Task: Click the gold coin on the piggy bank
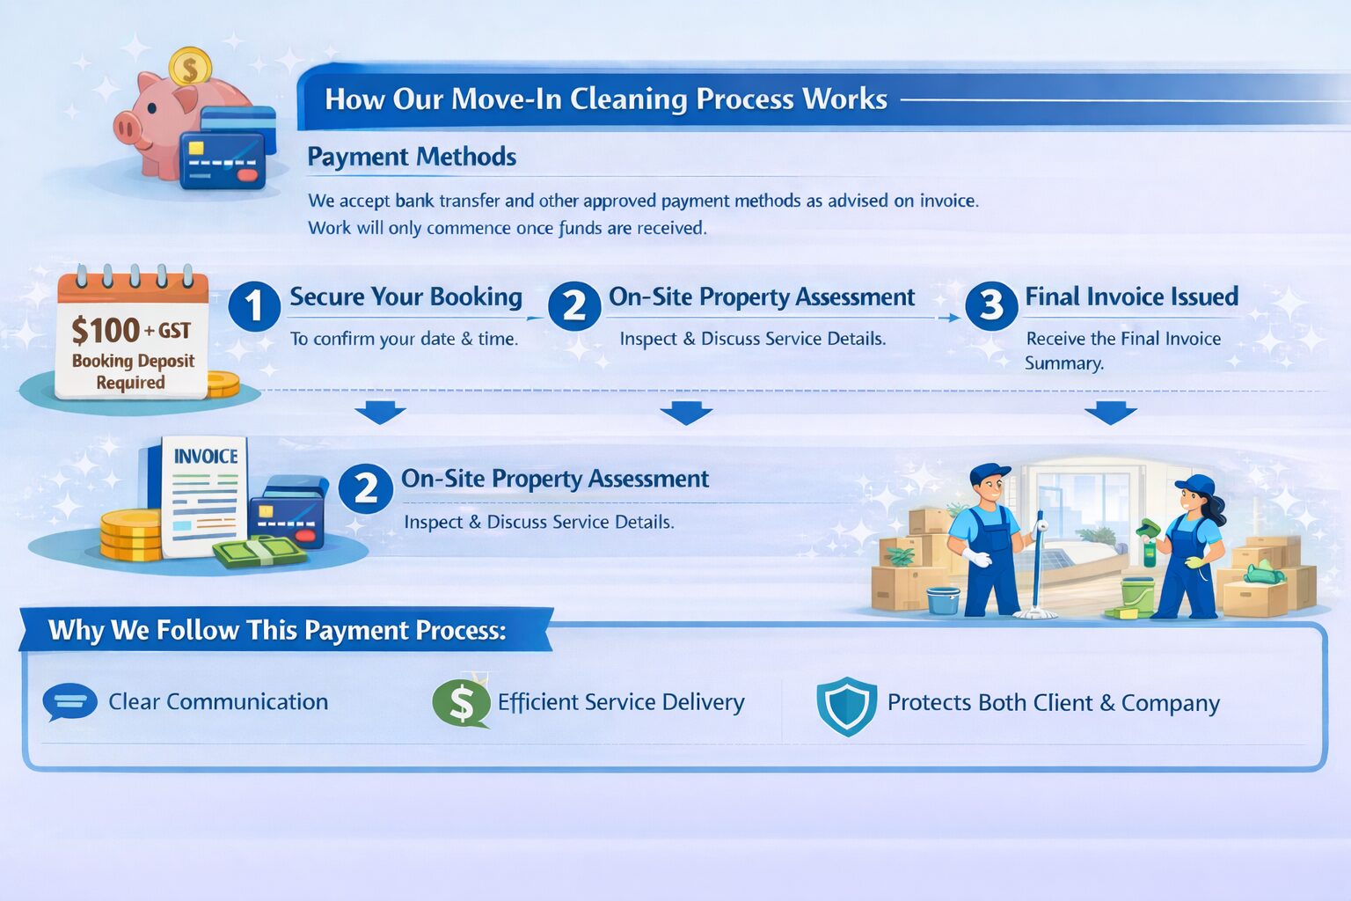190,66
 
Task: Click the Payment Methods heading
412,157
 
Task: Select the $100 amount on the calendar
106,331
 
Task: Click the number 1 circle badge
254,305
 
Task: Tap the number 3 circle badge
991,305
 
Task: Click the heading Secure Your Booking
405,297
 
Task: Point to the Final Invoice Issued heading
1131,297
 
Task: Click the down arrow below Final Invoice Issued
1110,413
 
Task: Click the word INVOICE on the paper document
206,457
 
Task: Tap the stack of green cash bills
258,551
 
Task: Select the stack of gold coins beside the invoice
131,535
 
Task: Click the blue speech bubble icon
69,702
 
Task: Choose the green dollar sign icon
462,703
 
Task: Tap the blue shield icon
847,706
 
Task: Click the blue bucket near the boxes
943,600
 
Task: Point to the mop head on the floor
1034,615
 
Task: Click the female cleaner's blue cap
1195,485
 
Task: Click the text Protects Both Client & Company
1053,703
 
